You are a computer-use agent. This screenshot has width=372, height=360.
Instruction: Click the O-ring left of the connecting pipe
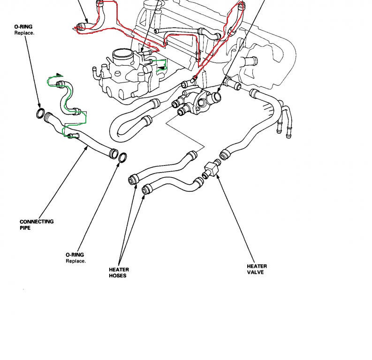41,113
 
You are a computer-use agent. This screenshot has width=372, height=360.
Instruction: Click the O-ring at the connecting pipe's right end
121,158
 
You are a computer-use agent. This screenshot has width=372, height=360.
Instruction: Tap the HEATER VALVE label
257,269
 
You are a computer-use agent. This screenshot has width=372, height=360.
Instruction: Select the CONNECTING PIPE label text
37,224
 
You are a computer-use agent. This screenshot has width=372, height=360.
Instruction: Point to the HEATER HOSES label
119,272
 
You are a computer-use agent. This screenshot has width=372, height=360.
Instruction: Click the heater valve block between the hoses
212,167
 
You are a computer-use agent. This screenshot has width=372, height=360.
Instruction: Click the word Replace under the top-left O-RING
24,34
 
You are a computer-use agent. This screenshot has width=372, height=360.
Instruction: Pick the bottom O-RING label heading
75,255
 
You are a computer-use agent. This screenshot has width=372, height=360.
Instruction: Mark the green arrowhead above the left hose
59,75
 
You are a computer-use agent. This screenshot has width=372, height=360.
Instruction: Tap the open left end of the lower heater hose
145,189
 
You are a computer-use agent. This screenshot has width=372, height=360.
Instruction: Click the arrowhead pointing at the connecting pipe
88,147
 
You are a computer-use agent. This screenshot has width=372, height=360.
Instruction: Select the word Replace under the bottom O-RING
76,261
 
